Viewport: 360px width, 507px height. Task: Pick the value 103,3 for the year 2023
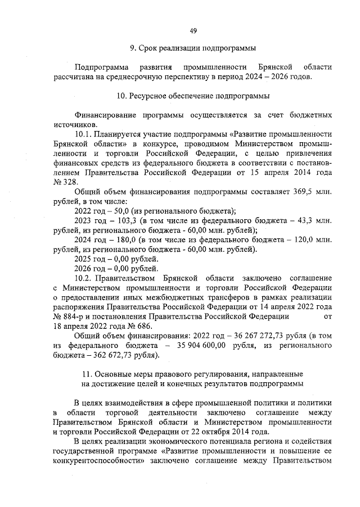(x=119, y=221)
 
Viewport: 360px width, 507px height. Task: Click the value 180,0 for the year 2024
(x=119, y=240)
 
